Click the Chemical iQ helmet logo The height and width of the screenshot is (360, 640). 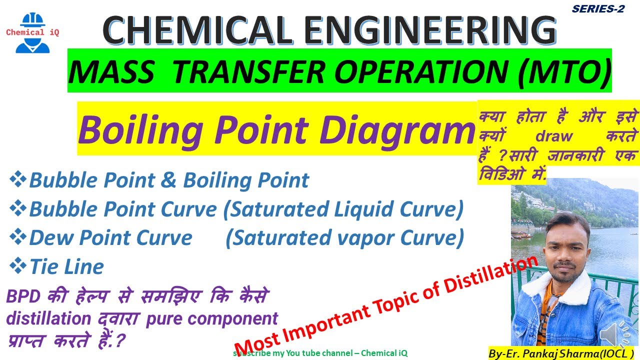(x=32, y=33)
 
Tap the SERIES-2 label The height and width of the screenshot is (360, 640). (x=598, y=8)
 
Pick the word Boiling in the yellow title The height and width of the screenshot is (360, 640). (x=140, y=129)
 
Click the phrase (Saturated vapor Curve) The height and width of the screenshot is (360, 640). (x=345, y=238)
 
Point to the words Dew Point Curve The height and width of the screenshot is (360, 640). (x=110, y=238)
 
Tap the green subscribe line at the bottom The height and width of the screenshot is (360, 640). (x=320, y=353)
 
